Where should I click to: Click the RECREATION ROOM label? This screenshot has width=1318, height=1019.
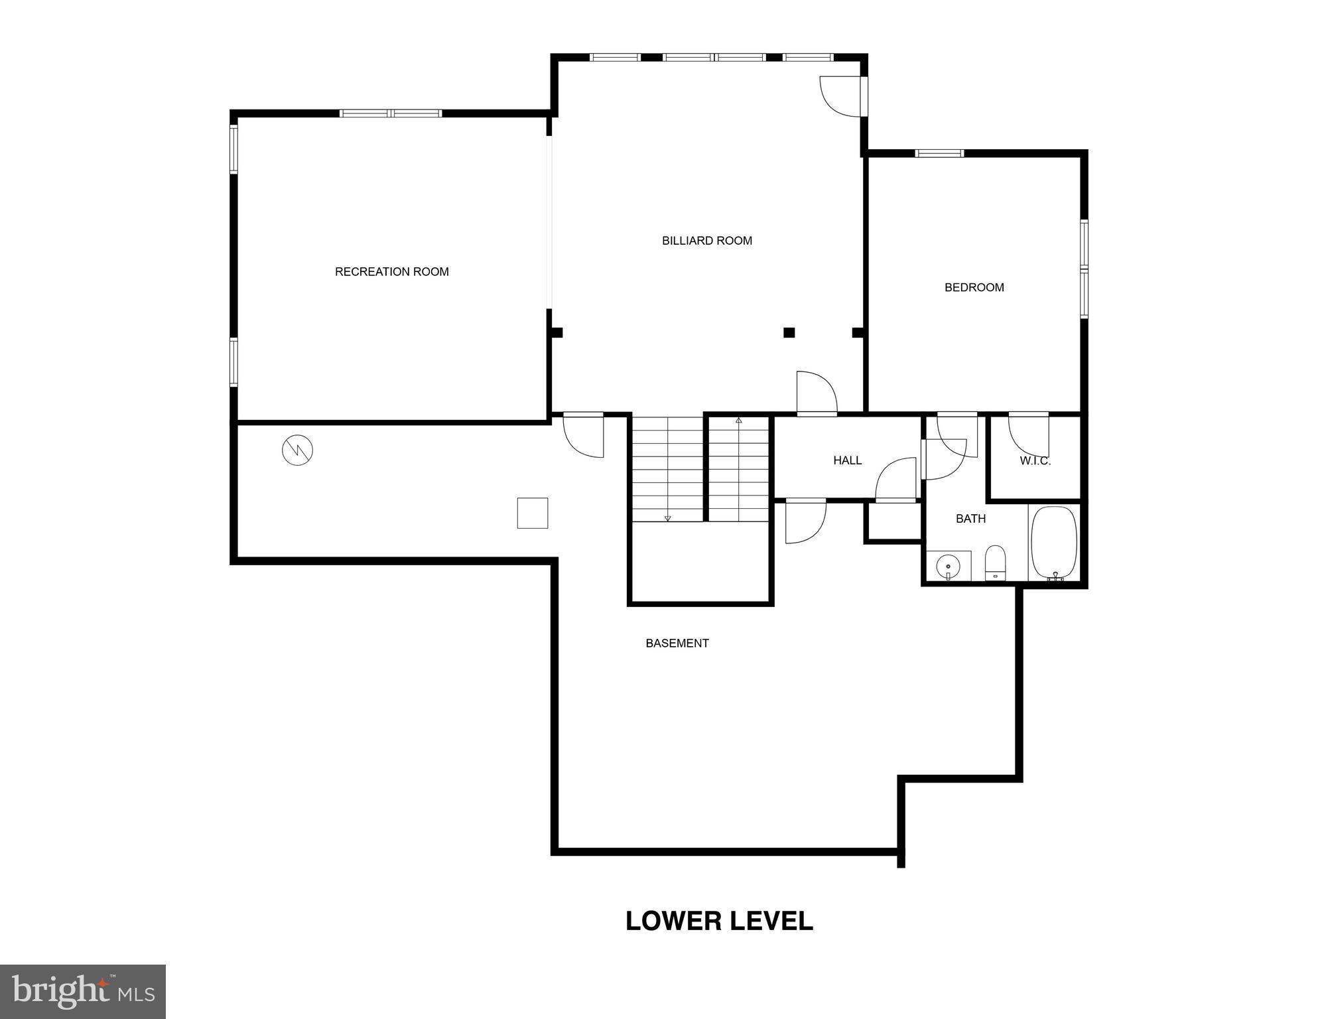(391, 271)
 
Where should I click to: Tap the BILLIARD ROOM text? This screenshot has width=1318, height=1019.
(706, 241)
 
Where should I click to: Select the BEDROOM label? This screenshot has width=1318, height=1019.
(974, 287)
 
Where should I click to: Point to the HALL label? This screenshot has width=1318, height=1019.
(847, 460)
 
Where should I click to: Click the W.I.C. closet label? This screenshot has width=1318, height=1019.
(1035, 461)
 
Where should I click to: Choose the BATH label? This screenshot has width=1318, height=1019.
(970, 519)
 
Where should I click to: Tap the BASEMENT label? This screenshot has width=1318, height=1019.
(677, 643)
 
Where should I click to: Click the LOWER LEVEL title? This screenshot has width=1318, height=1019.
(719, 921)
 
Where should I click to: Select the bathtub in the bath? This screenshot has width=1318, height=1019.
(1053, 543)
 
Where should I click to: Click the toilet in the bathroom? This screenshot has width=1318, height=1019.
(995, 563)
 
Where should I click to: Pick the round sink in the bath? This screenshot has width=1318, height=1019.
(948, 567)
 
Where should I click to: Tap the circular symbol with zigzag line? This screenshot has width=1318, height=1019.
(297, 450)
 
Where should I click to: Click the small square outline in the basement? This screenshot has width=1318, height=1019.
(532, 513)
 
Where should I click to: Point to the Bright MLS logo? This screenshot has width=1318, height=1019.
(83, 991)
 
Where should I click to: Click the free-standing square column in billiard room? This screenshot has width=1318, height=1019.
(789, 332)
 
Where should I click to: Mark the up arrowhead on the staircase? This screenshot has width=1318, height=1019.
(738, 421)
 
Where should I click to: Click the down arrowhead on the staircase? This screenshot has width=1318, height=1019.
(667, 518)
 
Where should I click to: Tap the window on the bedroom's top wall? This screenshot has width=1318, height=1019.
(939, 153)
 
